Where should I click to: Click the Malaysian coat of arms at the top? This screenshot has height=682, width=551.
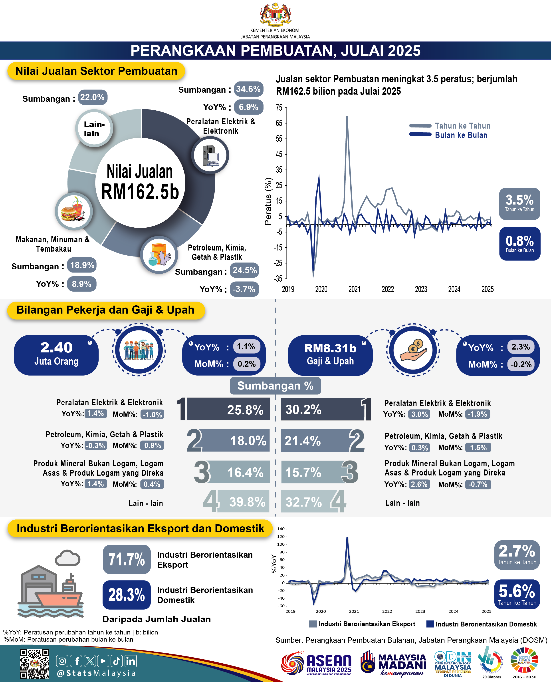[x=275, y=14]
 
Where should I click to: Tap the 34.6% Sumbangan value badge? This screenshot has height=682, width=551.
[x=248, y=89]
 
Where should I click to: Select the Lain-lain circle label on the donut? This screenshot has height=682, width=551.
[x=94, y=129]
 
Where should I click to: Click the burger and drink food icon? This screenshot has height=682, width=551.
[x=74, y=211]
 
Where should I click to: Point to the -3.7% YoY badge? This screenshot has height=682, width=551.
[x=244, y=289]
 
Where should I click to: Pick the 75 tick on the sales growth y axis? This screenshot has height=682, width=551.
[x=279, y=108]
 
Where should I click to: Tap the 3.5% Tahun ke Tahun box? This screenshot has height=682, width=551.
[x=519, y=203]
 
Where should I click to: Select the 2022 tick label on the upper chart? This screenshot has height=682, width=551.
[x=388, y=289]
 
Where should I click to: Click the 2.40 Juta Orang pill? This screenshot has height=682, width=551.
[x=56, y=355]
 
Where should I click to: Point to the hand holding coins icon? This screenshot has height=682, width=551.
[x=413, y=350]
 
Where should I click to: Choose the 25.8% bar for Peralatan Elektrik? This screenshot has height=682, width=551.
[x=228, y=409]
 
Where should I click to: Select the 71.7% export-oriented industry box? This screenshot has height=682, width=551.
[x=127, y=559]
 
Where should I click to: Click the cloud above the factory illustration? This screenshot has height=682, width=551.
[x=68, y=558]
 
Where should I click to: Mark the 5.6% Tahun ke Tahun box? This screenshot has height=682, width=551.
[x=517, y=594]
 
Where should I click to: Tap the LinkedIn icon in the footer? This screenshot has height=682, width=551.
[x=131, y=661]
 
